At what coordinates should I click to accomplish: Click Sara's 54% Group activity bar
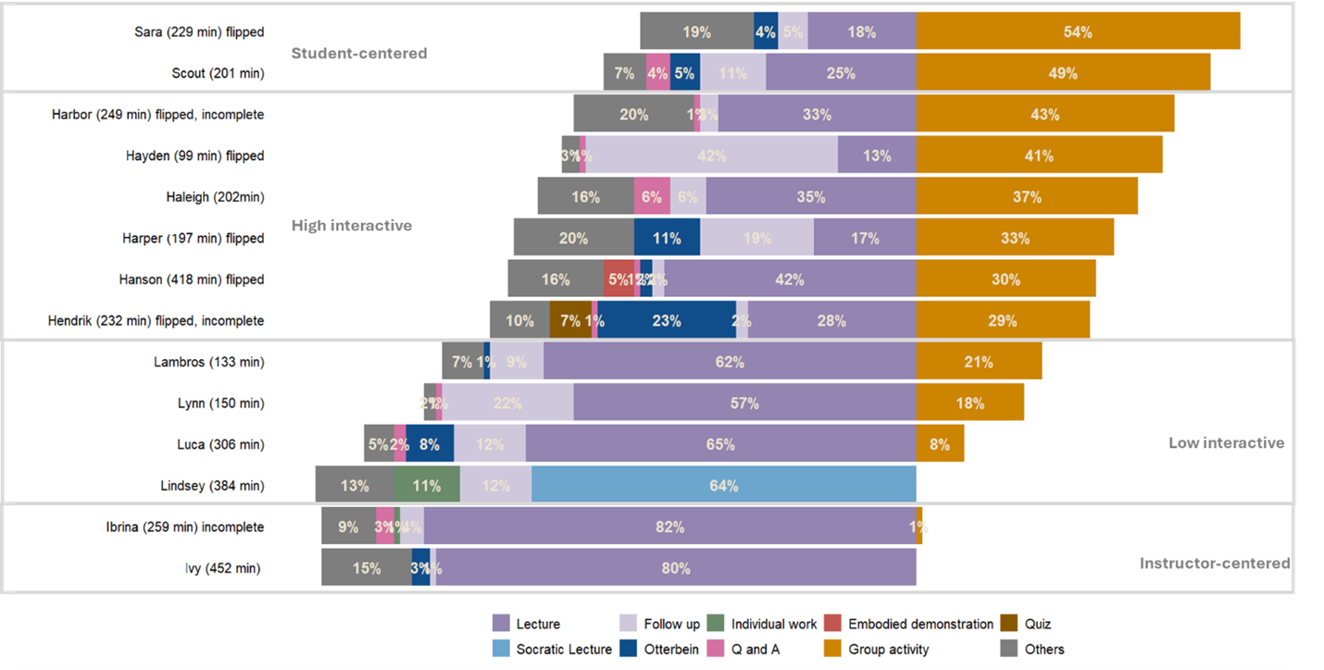[x=1078, y=31]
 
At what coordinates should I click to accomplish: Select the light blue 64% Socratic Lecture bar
[x=723, y=485]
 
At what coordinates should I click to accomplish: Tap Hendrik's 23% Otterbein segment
[x=667, y=320]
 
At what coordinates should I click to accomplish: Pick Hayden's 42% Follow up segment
[x=711, y=155]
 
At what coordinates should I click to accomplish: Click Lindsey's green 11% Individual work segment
[x=427, y=485]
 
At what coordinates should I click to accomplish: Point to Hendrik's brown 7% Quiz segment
[x=570, y=320]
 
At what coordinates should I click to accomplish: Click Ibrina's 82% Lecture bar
[x=669, y=527]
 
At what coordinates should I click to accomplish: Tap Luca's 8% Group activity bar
[x=940, y=444]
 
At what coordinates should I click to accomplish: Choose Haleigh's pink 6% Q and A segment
[x=652, y=196]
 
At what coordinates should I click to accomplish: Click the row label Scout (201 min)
[x=218, y=73]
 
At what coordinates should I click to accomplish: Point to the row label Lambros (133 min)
[x=208, y=362]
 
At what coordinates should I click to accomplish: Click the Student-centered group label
[x=359, y=53]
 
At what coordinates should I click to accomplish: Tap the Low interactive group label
[x=1226, y=442]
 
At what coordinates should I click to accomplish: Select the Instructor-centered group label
[x=1215, y=563]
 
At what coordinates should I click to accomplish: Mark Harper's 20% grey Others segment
[x=573, y=238]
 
